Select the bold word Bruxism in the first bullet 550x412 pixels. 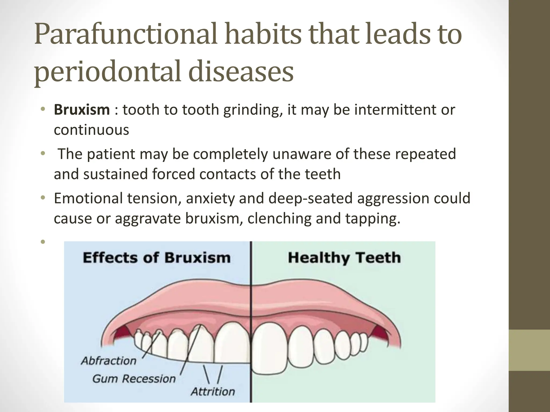tap(82, 110)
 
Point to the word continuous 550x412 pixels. tap(91, 130)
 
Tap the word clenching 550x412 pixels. tap(279, 219)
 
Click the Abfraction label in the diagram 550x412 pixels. tap(109, 361)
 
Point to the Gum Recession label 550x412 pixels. tap(134, 379)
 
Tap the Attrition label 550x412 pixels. tap(213, 392)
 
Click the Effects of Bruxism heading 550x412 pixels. tap(157, 258)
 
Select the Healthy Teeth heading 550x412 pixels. tap(344, 258)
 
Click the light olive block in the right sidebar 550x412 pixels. tap(529, 350)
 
